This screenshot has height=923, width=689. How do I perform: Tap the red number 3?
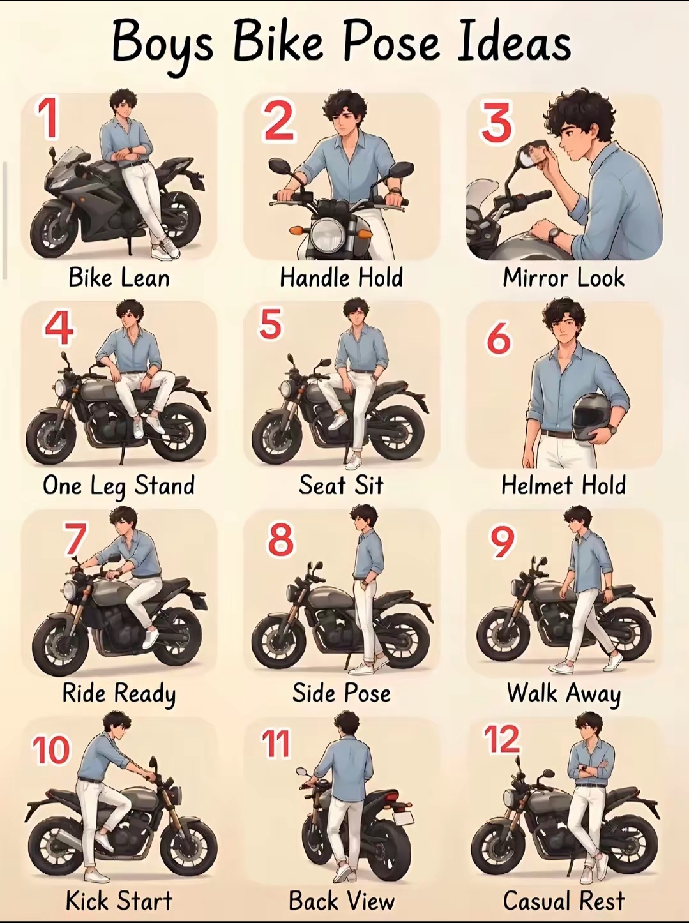pos(497,122)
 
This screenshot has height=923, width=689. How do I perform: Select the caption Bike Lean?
pos(119,278)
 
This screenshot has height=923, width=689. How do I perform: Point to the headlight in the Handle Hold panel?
pos(328,234)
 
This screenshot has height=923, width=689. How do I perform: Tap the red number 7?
pos(75,539)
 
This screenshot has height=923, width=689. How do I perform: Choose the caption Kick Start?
pos(119,901)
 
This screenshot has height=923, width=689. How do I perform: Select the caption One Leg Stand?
pos(119,486)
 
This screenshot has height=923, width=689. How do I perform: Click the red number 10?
pos(51,749)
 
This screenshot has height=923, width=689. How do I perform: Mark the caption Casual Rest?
pos(564,901)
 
